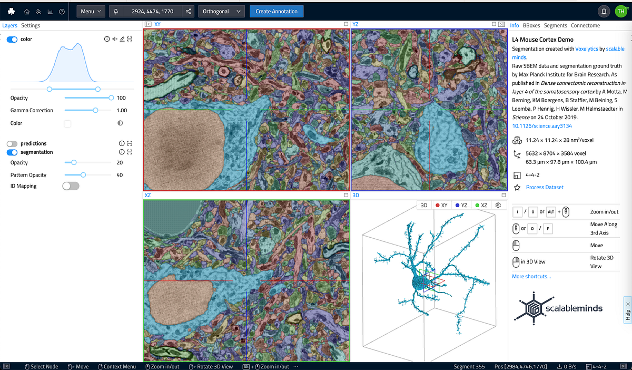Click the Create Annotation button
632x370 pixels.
click(276, 11)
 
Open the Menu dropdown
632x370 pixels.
click(91, 11)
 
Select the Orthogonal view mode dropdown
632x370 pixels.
click(221, 11)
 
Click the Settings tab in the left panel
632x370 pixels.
click(31, 25)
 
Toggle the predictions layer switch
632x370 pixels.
click(12, 143)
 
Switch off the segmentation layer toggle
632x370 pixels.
click(12, 152)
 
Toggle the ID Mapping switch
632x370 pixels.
click(71, 186)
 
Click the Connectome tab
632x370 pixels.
click(585, 25)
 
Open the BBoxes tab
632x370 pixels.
click(531, 25)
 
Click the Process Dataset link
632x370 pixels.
click(545, 188)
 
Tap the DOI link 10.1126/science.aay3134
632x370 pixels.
click(542, 126)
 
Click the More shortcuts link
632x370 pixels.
click(531, 276)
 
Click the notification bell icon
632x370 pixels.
click(604, 11)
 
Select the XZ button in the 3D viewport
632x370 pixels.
click(481, 206)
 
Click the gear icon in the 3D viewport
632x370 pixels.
click(498, 206)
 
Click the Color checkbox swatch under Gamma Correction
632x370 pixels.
click(67, 123)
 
